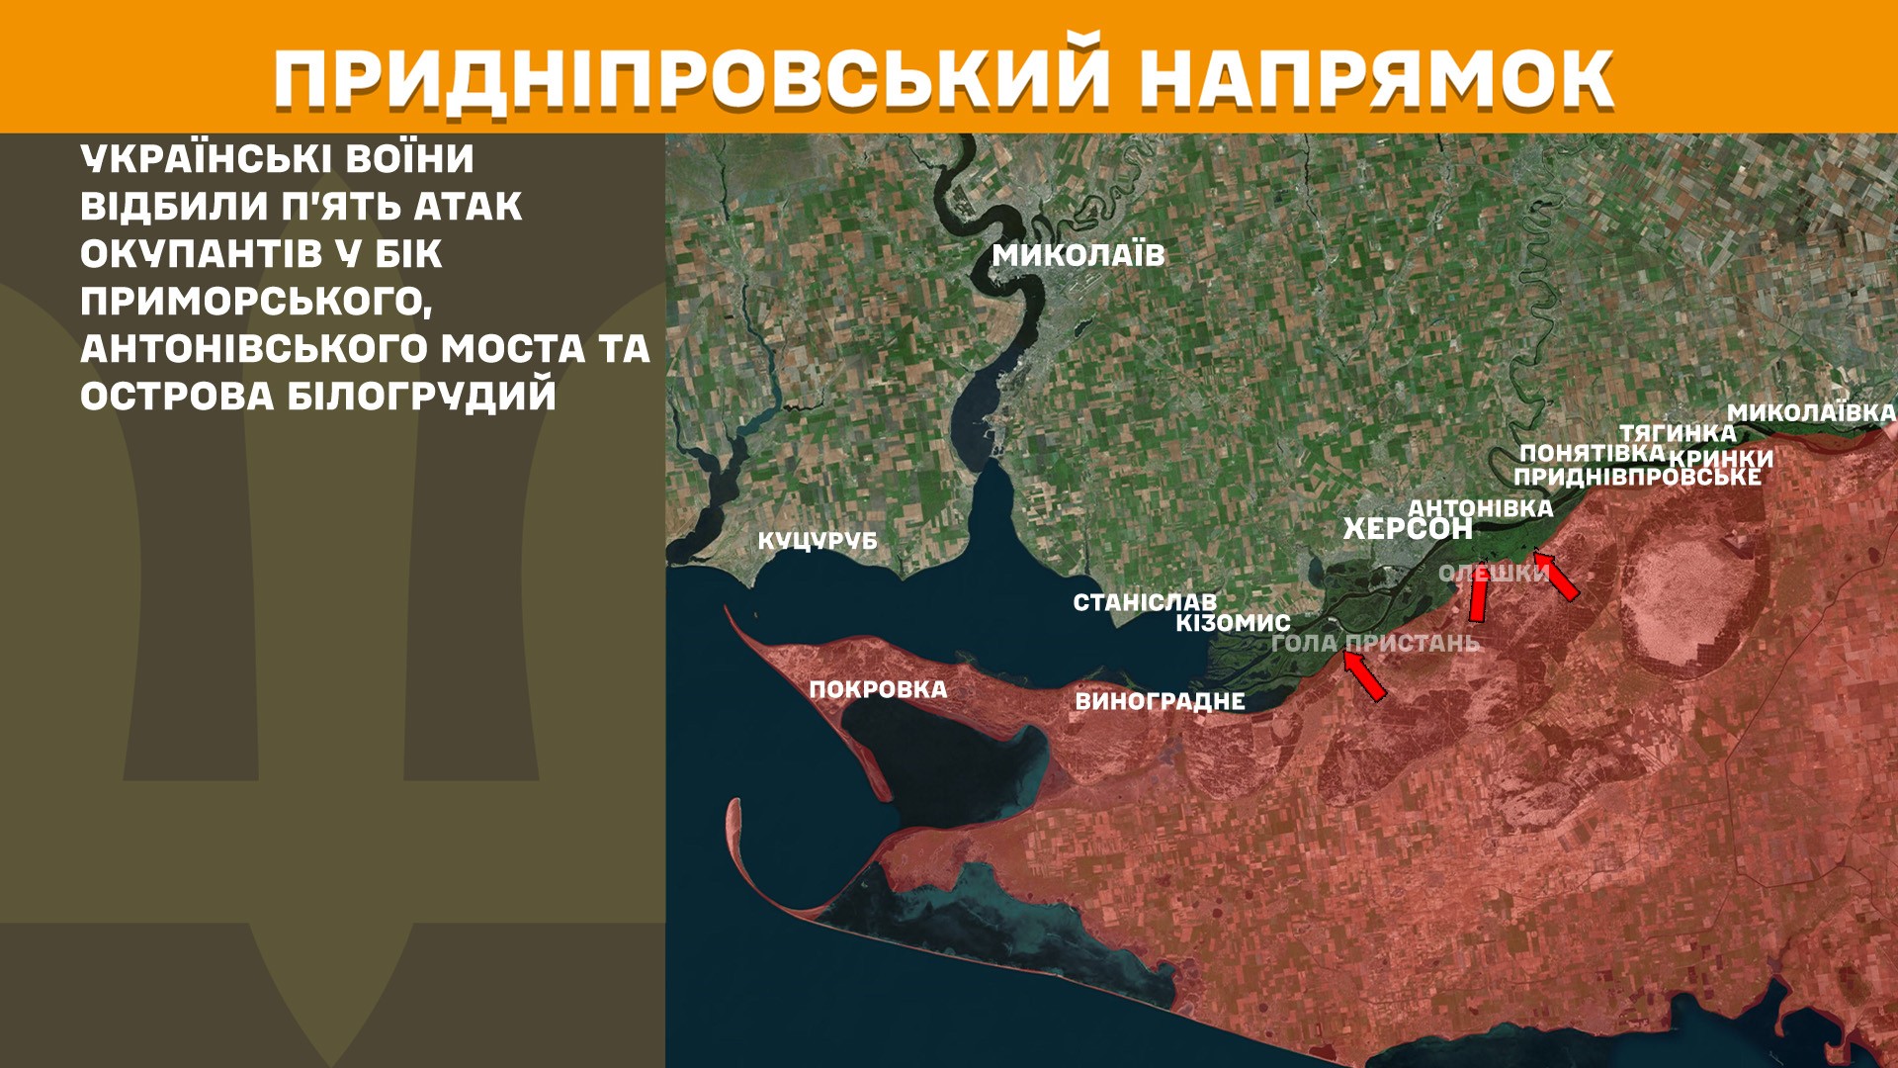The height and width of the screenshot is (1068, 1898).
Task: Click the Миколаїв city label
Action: pos(1078,255)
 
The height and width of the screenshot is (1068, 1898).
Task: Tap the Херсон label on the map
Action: pos(1407,529)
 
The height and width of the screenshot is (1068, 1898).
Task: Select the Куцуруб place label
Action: pos(818,541)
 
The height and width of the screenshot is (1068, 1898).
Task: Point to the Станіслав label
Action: pos(1145,601)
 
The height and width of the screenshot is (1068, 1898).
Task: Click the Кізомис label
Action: pos(1233,623)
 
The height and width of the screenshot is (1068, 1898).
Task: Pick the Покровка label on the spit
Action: pos(878,689)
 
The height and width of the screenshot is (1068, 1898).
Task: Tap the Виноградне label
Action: pos(1160,701)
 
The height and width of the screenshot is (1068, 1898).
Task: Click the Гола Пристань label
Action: pos(1375,643)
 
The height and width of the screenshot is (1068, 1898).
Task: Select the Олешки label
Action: pos(1493,573)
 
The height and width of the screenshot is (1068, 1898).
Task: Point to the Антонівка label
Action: pos(1480,507)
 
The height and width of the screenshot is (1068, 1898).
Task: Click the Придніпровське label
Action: pos(1637,477)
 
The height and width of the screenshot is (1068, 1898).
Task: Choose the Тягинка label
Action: pos(1677,432)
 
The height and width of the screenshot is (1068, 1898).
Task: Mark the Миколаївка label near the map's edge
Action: pos(1811,412)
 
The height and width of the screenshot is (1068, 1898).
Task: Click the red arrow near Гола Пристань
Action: pos(1365,677)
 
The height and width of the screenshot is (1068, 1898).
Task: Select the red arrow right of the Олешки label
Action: pos(1556,576)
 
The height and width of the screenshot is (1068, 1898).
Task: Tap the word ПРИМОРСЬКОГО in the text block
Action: pos(256,302)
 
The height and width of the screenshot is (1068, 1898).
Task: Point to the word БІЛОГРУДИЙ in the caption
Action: pos(421,397)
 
